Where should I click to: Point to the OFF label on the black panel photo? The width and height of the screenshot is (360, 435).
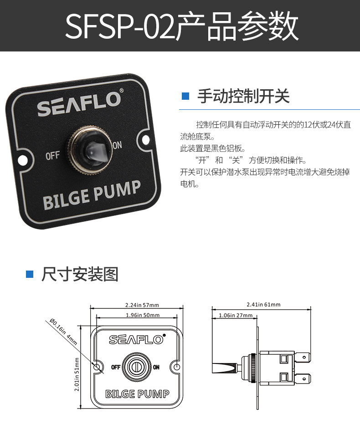pos(53,156)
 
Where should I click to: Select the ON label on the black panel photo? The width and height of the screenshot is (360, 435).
pos(117,145)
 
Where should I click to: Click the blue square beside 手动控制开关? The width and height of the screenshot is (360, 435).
pos(185,96)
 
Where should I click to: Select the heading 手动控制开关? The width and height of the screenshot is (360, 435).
pos(243,97)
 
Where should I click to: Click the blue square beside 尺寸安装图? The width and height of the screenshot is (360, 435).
pos(30,274)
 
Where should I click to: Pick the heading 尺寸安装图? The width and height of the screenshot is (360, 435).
pos(80,274)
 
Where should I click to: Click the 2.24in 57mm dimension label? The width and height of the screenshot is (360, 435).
pos(142,305)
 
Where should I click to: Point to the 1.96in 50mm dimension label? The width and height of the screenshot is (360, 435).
pos(142,315)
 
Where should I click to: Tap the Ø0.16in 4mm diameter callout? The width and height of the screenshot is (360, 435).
pos(64,332)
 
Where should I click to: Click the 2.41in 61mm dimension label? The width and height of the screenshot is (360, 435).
pos(263,305)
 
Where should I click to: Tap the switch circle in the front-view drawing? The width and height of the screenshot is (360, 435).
pos(136,367)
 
